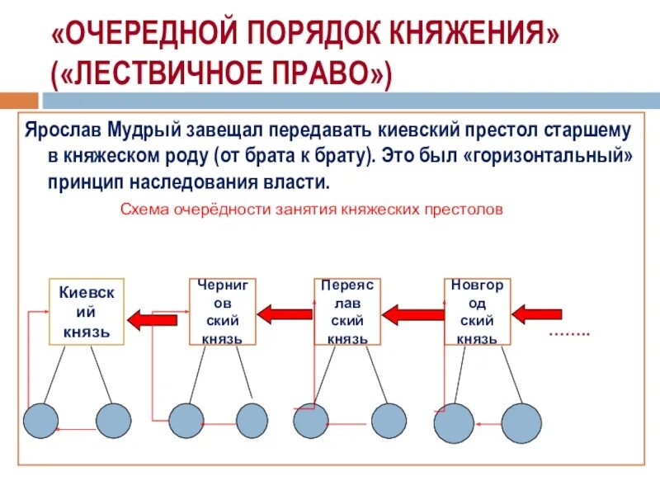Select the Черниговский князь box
point(224,311)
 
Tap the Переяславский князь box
point(347,311)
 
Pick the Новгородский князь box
point(477,311)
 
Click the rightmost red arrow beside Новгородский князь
point(537,313)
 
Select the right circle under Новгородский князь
point(521,422)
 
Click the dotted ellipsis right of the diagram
point(569,333)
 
